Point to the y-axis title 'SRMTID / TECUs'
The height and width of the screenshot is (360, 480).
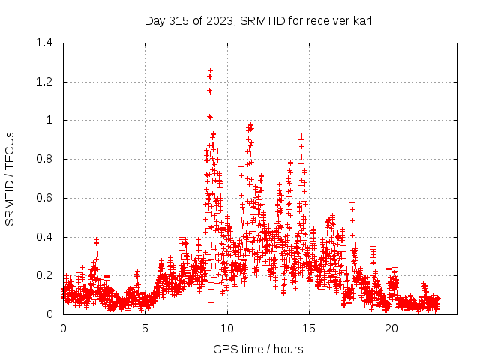[x=10, y=178]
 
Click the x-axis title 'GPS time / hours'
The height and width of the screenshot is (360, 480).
[x=258, y=349]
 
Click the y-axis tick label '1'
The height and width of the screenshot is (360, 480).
[x=49, y=120]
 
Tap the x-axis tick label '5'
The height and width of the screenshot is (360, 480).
[x=145, y=328]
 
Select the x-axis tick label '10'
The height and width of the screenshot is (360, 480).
[x=227, y=328]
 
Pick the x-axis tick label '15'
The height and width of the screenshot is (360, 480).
[x=310, y=328]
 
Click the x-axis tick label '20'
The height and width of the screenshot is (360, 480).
[x=391, y=328]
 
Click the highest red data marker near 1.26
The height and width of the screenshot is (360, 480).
[x=211, y=70]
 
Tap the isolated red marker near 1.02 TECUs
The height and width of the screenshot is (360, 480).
[x=210, y=117]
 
